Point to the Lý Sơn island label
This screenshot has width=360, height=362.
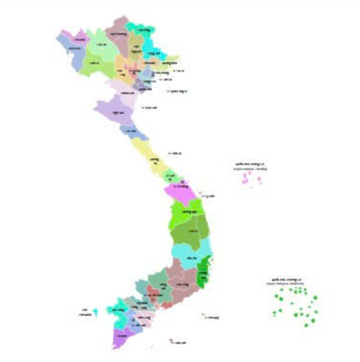coord(208,196)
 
